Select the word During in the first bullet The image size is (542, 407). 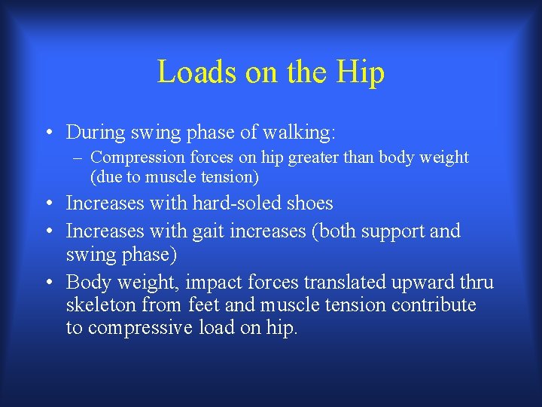pyautogui.click(x=95, y=133)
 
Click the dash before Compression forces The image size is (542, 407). pyautogui.click(x=79, y=158)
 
